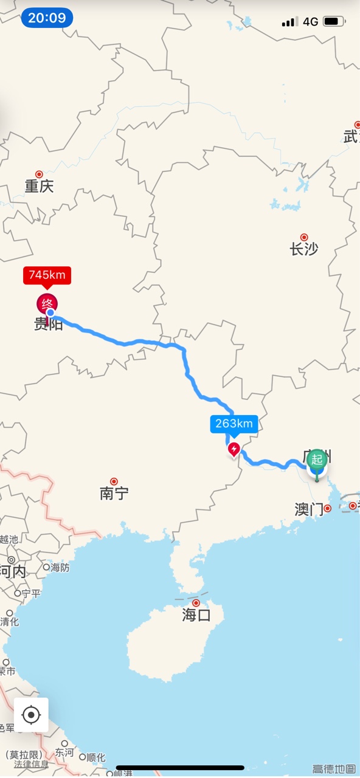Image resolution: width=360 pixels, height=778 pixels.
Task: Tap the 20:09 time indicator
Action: point(47,18)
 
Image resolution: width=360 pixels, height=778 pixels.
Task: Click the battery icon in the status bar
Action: point(333,22)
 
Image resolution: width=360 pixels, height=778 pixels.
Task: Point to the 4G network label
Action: point(310,22)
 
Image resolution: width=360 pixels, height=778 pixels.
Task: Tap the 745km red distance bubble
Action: point(47,275)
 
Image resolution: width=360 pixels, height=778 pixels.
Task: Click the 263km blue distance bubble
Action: point(234,424)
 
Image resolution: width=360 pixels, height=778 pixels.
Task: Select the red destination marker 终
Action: point(47,303)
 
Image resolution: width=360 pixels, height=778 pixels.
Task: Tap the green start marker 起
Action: point(317,460)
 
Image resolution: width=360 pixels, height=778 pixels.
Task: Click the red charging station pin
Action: point(234,449)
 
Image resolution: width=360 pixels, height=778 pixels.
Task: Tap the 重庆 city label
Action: point(39,186)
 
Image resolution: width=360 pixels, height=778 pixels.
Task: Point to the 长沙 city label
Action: point(304,249)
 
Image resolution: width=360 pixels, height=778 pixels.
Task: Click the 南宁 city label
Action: point(114,493)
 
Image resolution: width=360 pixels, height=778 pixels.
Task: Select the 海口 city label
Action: point(196,614)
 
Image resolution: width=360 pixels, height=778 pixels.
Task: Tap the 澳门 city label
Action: point(309,509)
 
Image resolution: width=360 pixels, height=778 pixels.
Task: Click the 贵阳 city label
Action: point(49,324)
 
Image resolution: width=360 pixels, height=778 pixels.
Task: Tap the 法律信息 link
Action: point(31,764)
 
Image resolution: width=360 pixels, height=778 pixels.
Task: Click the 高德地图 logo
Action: point(334,769)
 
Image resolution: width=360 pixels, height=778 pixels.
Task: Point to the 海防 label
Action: point(60,568)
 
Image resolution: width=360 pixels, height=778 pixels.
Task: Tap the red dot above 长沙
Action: point(304,237)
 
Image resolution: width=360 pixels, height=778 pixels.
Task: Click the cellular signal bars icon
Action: point(289,22)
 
